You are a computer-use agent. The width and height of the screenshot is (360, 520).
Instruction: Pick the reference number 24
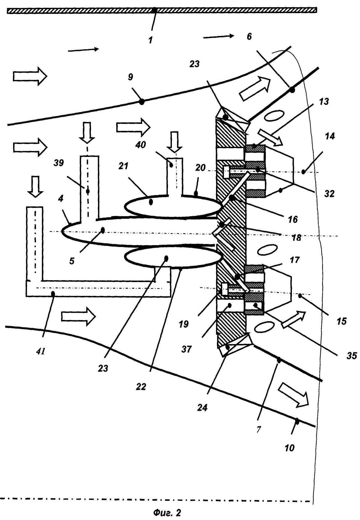[202, 408]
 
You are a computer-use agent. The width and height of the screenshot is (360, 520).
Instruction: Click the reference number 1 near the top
[150, 40]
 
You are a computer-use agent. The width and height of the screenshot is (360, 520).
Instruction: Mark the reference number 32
[329, 194]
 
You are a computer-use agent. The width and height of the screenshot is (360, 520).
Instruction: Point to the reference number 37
[186, 349]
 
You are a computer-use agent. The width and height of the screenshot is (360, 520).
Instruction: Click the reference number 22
[141, 387]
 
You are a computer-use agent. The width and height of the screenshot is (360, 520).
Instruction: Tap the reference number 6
[249, 37]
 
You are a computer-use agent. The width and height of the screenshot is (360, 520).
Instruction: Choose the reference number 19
[184, 324]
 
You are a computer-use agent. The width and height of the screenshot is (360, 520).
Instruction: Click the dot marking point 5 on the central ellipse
[103, 230]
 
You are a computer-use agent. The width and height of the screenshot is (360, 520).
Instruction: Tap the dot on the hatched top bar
[154, 10]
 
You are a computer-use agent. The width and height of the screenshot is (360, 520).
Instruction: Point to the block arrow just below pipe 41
[78, 316]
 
